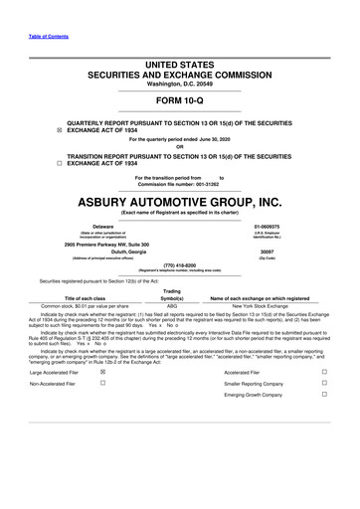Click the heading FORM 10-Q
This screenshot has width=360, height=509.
click(x=179, y=102)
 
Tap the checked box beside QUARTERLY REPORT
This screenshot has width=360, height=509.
click(x=31, y=129)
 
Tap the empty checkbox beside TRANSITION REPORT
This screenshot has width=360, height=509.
click(x=31, y=161)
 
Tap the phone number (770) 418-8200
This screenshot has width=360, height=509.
click(x=179, y=264)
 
